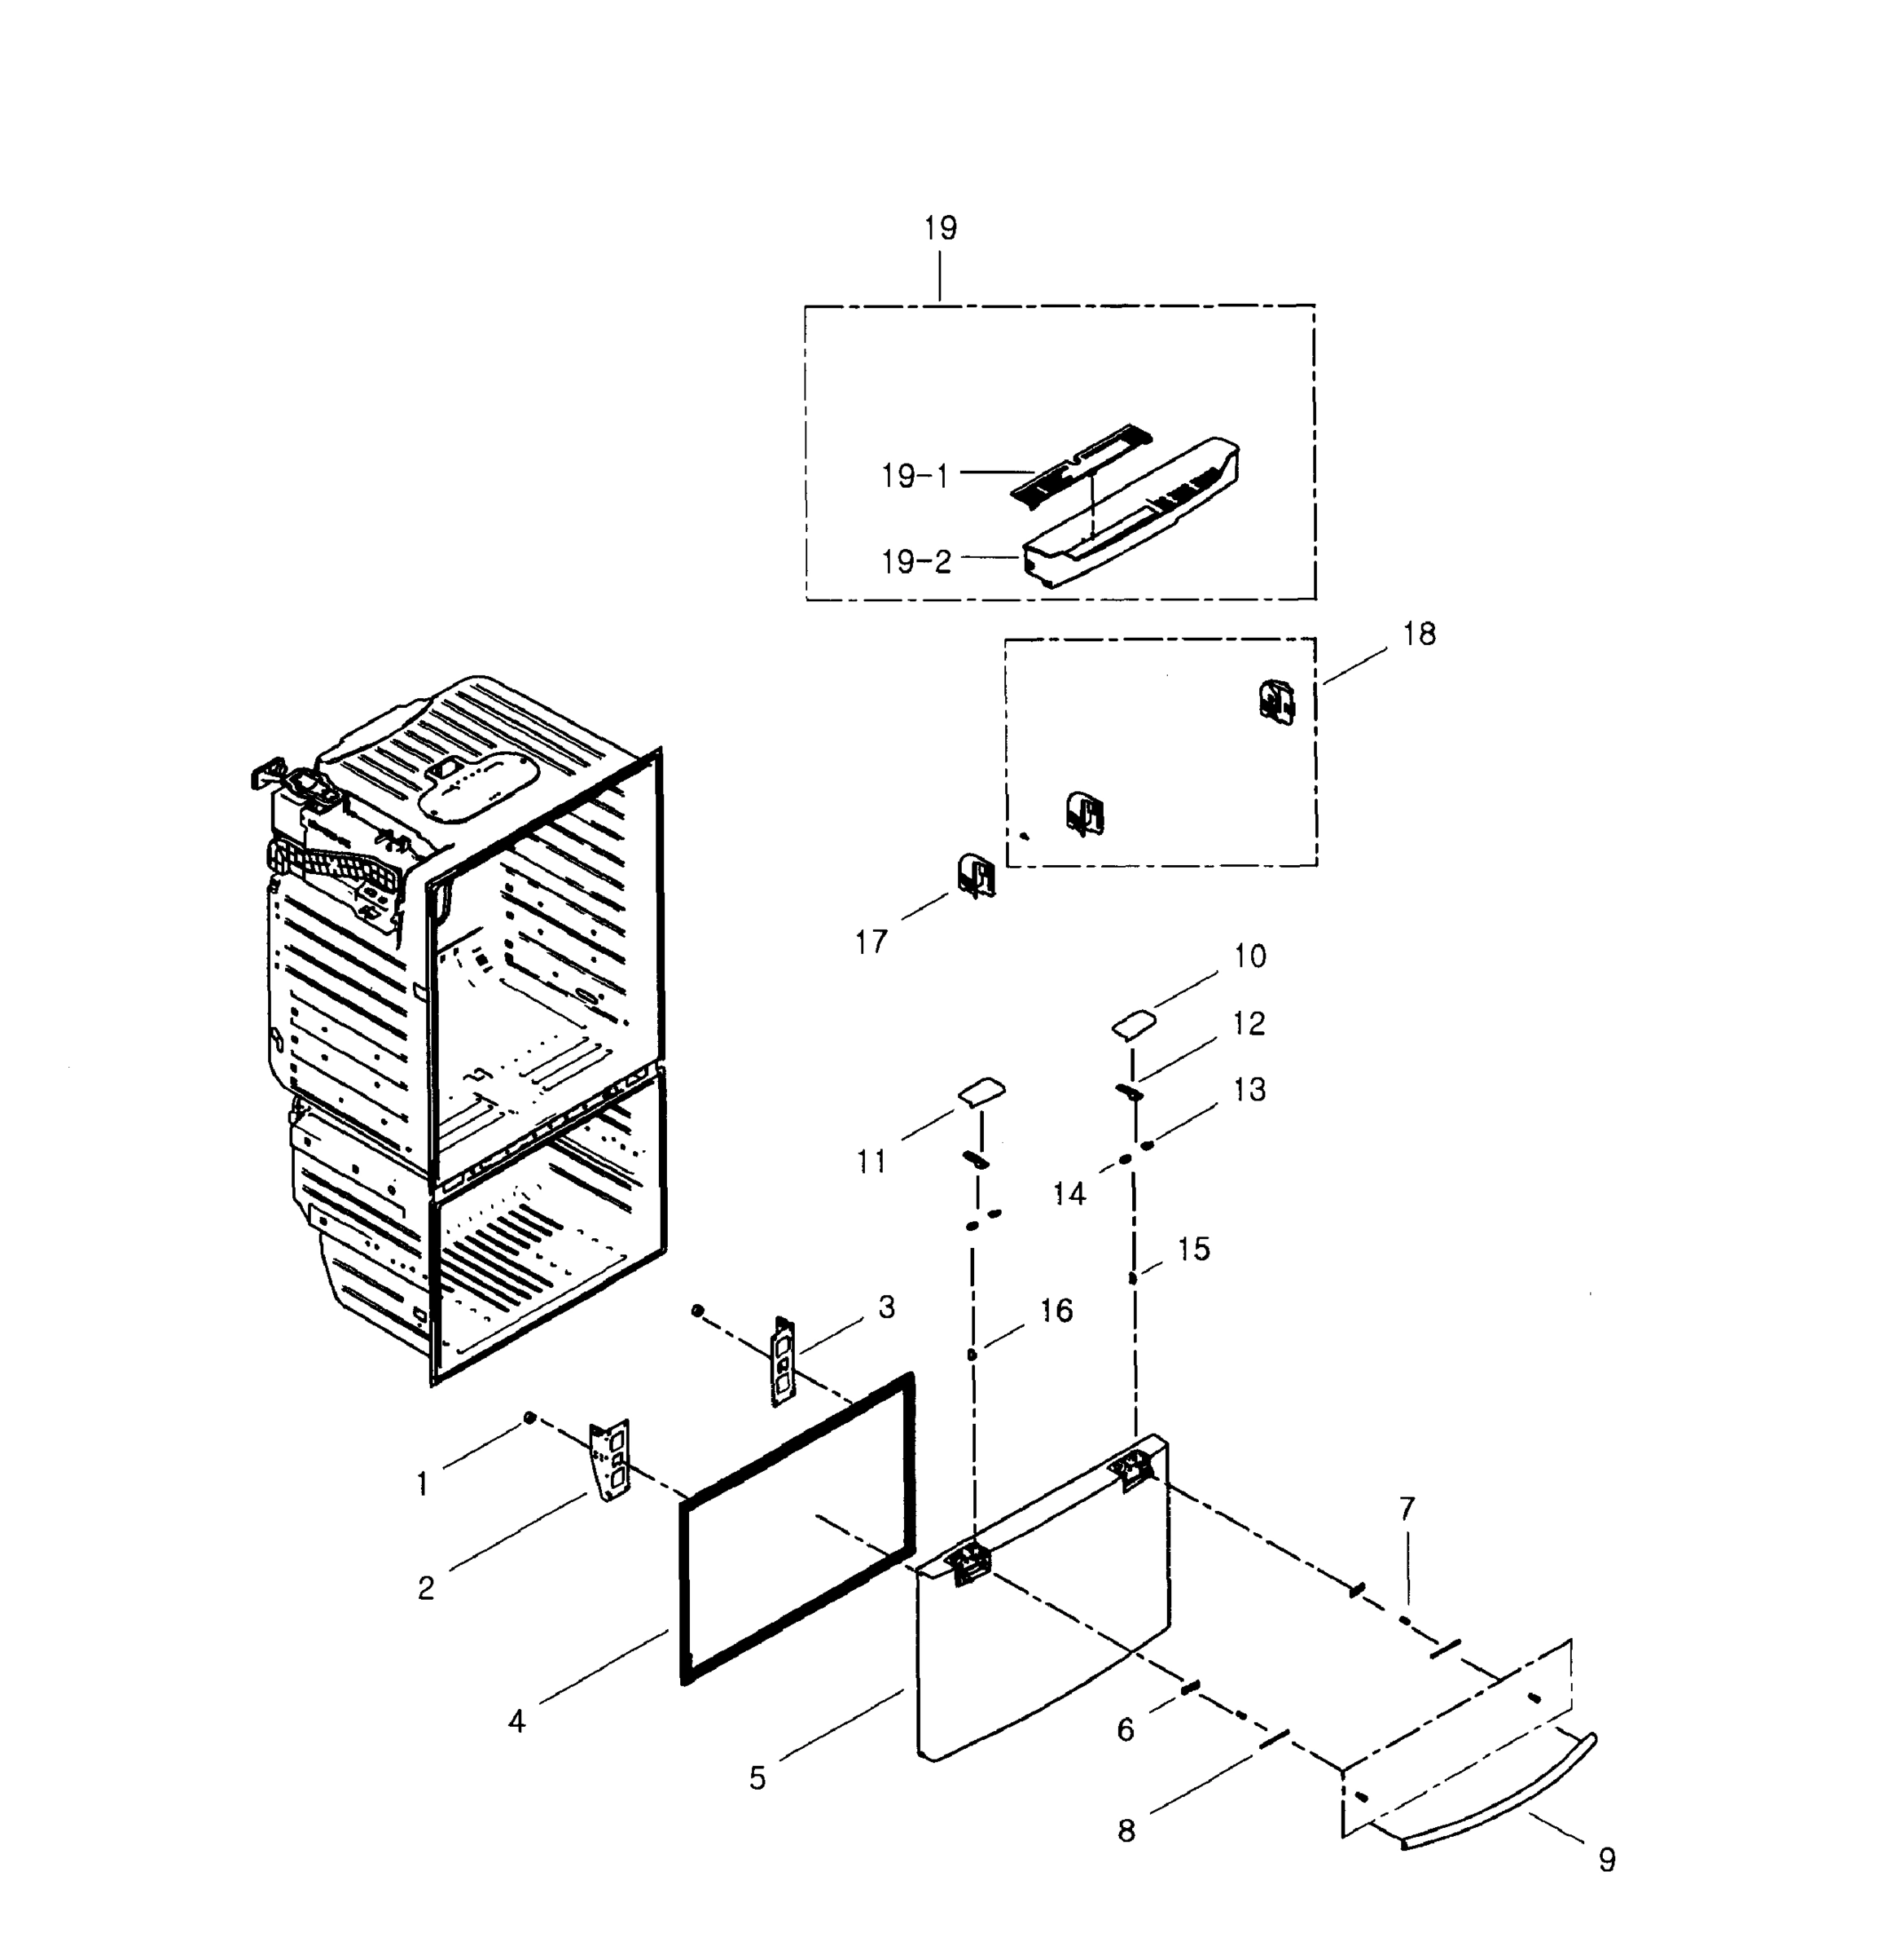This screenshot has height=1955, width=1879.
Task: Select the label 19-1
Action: point(915,477)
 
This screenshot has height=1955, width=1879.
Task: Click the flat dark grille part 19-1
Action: point(1080,462)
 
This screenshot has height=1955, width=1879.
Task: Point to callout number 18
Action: point(1419,634)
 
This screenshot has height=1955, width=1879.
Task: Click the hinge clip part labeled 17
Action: point(976,875)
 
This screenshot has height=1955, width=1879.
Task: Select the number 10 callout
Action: point(1249,956)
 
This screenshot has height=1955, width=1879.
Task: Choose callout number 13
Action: point(1249,1089)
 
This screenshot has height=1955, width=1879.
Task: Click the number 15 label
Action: point(1193,1249)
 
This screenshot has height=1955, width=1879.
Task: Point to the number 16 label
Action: point(1056,1310)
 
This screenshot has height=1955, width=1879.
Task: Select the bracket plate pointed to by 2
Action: point(610,1459)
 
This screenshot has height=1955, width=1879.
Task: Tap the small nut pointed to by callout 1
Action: point(529,1417)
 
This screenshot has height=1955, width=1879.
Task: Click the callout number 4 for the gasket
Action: point(516,1720)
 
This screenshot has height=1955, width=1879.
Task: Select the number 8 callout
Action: point(1126,1830)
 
